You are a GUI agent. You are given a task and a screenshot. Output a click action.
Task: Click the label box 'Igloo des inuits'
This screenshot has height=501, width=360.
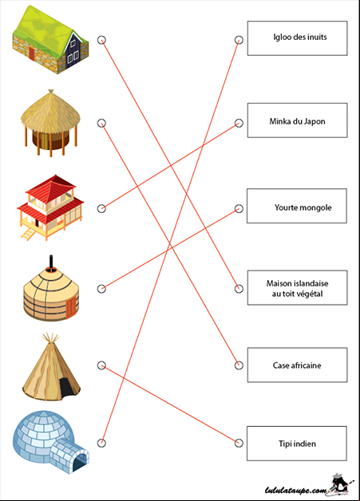point(297,38)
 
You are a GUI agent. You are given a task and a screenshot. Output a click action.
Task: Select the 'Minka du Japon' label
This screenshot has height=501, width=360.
point(297,120)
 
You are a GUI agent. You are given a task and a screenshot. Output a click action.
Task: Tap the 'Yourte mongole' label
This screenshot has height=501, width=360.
point(297,206)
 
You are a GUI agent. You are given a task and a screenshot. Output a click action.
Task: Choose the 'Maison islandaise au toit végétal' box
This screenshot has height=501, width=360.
point(297,287)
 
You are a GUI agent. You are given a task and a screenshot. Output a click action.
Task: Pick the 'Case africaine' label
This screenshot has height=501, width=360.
point(297,365)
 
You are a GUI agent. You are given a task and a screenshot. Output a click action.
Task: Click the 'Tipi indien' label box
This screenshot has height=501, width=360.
point(297,444)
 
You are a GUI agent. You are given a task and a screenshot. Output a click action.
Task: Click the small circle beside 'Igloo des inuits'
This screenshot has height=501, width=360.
point(239,40)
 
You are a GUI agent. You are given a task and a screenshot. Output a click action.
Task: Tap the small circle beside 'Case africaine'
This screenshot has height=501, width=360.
point(239,365)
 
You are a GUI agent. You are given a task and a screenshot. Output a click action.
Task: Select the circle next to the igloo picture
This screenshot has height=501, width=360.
point(101,443)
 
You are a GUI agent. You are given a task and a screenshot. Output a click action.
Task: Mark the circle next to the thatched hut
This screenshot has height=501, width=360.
point(101,123)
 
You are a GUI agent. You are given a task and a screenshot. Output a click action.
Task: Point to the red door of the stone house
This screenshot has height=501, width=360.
point(32,53)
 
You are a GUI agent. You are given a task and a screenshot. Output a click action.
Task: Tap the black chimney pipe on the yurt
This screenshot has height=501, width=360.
point(51,262)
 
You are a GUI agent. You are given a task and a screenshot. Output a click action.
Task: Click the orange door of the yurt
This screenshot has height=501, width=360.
point(71,307)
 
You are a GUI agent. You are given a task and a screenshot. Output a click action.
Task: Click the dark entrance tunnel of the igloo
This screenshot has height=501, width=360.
point(80,463)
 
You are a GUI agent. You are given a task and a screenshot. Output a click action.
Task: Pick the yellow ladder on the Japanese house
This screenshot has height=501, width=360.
point(28,234)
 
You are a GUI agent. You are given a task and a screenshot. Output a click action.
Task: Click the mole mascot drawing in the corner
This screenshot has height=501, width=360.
point(341,484)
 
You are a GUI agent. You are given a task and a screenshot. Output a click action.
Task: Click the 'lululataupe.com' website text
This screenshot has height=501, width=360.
point(296,490)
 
